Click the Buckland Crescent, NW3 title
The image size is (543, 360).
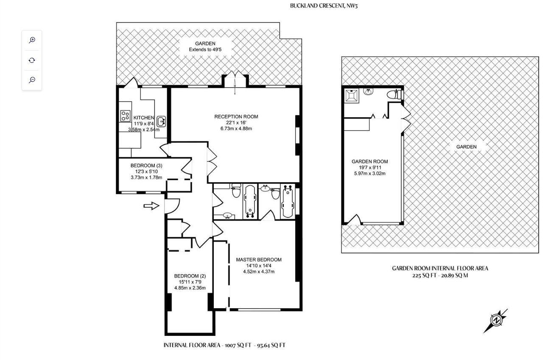click(321, 6)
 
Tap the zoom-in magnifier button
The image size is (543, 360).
click(32, 40)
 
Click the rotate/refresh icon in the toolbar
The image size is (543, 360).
click(32, 60)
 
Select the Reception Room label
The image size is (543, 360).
click(236, 117)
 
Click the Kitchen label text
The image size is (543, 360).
click(144, 118)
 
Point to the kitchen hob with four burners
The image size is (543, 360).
click(125, 115)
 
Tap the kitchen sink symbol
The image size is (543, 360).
click(161, 121)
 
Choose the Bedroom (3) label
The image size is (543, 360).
click(146, 166)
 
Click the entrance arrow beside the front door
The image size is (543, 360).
click(151, 206)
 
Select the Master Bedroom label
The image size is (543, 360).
click(259, 260)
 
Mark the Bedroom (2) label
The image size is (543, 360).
click(190, 276)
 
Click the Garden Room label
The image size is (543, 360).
click(369, 162)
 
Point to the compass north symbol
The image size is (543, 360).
click(496, 320)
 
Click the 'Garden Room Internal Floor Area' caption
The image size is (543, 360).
click(440, 268)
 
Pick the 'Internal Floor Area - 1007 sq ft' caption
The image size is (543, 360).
click(224, 345)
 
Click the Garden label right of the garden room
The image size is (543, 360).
click(466, 147)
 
